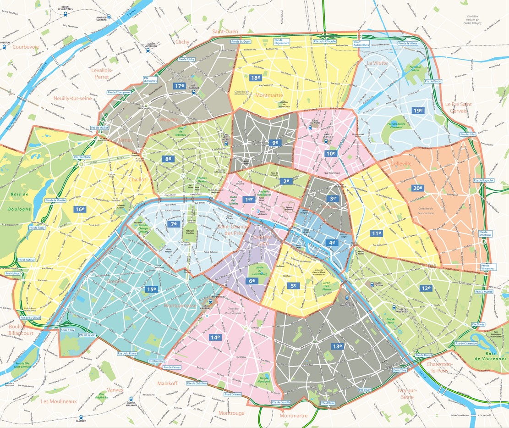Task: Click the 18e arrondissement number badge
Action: pyautogui.click(x=256, y=78)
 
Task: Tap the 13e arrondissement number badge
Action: pyautogui.click(x=338, y=346)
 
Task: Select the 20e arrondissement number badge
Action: pyautogui.click(x=417, y=188)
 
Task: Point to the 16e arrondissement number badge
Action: pyautogui.click(x=80, y=209)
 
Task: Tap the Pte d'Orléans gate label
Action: pyautogui.click(x=233, y=395)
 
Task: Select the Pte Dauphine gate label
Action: pyautogui.click(x=82, y=157)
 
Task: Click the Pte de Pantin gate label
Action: pyautogui.click(x=433, y=81)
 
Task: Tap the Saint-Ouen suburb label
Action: pyautogui.click(x=225, y=31)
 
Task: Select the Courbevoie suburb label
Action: pyautogui.click(x=26, y=47)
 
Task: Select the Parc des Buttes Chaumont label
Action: pyautogui.click(x=397, y=126)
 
